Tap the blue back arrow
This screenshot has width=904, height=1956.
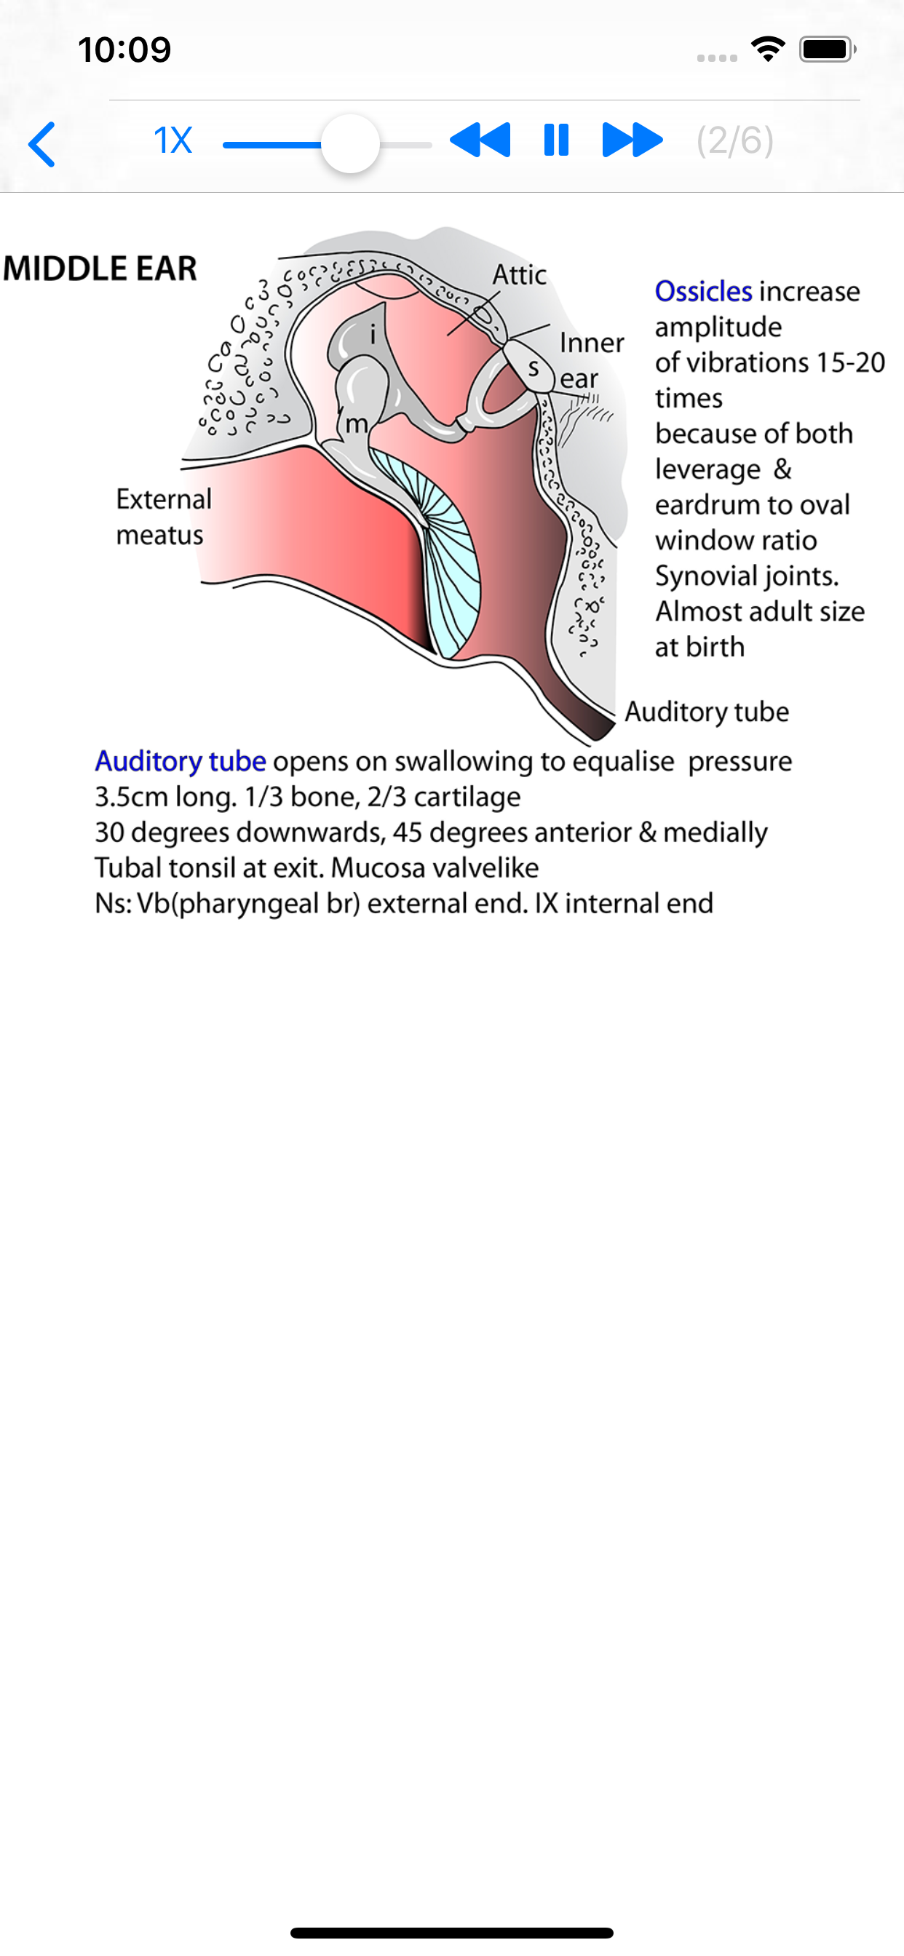(x=42, y=143)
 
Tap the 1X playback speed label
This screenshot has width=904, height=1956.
(x=173, y=140)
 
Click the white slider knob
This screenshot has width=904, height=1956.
(x=350, y=143)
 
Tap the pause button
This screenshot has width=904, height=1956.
(x=556, y=140)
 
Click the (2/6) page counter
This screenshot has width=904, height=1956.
(x=734, y=140)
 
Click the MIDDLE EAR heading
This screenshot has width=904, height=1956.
(x=100, y=268)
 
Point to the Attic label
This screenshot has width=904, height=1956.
(x=520, y=275)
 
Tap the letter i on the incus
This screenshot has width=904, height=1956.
(x=372, y=334)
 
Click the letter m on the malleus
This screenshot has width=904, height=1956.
(x=356, y=424)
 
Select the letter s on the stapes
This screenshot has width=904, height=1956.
(x=534, y=370)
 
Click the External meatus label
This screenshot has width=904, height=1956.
(x=163, y=517)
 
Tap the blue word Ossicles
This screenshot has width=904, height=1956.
(x=703, y=292)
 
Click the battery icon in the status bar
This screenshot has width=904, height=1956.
(x=827, y=49)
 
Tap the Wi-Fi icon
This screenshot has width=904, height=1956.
(x=767, y=49)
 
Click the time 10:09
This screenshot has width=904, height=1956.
(x=124, y=50)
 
